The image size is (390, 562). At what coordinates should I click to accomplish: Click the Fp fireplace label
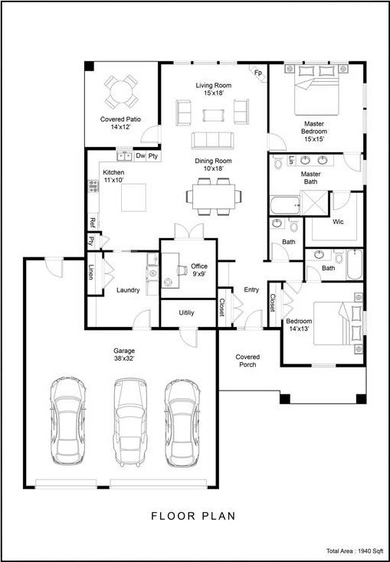tap(258, 73)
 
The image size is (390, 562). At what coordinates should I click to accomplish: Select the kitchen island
tap(133, 198)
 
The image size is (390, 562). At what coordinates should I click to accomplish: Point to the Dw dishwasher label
tap(140, 156)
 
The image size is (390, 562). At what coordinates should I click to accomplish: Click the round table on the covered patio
tap(121, 92)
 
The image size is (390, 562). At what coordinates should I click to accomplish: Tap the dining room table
tap(214, 197)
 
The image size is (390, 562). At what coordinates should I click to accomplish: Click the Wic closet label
tap(338, 222)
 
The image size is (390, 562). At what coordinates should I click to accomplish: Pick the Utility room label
tap(186, 313)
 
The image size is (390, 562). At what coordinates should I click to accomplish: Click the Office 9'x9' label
tap(199, 270)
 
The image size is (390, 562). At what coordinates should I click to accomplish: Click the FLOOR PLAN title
tap(193, 516)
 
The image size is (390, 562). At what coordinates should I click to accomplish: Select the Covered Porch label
tap(247, 361)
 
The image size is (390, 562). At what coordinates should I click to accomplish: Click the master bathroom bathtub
tap(284, 206)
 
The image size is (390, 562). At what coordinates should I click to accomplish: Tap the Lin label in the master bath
tap(291, 161)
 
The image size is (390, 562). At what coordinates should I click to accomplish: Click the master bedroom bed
tap(316, 90)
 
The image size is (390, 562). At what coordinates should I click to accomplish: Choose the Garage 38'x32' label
tap(124, 355)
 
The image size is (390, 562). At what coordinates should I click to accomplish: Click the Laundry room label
tap(128, 290)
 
